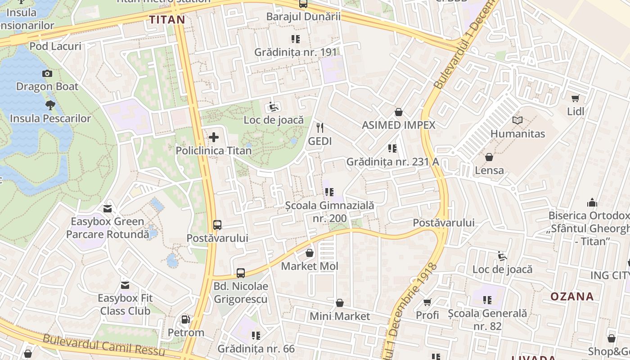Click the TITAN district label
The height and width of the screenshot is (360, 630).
[x=167, y=19]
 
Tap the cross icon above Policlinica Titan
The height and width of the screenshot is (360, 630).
[x=214, y=137]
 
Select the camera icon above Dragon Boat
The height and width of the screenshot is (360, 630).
[x=47, y=73]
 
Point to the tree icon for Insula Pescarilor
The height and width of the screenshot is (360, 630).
[x=50, y=105]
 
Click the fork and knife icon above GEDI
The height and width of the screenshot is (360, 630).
[x=320, y=128]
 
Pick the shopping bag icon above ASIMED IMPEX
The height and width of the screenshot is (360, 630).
[x=398, y=112]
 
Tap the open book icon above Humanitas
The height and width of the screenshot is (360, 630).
[x=517, y=121]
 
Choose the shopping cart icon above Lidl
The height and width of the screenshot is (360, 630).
[x=575, y=98]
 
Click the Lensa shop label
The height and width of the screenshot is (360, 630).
[x=489, y=170]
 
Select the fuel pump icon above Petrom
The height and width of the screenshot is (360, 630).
[x=185, y=319]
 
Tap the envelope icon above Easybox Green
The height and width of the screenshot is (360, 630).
[x=108, y=208]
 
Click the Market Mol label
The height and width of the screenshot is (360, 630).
[x=309, y=266]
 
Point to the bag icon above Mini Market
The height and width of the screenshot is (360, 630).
[x=340, y=303]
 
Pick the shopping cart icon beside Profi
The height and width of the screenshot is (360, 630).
[x=427, y=302]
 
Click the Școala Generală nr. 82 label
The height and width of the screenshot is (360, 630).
[x=487, y=319]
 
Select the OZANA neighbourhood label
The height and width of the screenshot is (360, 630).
[x=572, y=296]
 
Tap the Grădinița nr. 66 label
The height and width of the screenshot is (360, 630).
[x=256, y=348]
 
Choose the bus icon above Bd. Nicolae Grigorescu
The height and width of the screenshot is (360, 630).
[x=241, y=273]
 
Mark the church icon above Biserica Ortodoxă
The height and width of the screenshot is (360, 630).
[x=592, y=202]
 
